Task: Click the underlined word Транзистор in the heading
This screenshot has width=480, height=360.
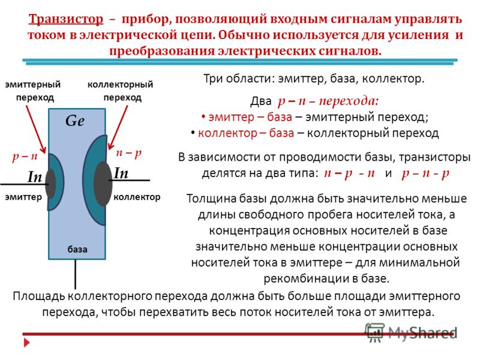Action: (66, 19)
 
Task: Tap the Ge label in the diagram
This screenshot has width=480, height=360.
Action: (75, 121)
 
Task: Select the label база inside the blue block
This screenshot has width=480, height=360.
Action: (77, 249)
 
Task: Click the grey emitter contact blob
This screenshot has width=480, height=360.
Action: (50, 184)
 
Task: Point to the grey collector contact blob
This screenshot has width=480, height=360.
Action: (103, 184)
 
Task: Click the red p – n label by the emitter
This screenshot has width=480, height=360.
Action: (25, 157)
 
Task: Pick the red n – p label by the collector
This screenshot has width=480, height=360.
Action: (129, 153)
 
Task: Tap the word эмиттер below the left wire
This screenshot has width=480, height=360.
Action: (23, 197)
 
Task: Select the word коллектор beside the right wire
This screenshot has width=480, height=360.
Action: (137, 197)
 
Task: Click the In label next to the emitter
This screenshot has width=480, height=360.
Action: (35, 176)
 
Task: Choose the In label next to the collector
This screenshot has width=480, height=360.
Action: (121, 173)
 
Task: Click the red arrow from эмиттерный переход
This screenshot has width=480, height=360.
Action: (36, 129)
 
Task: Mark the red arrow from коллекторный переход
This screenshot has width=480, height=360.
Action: (118, 128)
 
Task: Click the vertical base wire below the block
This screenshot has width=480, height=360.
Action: (76, 274)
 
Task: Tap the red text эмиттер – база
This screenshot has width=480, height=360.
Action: (250, 117)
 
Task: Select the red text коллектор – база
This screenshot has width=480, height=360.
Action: (246, 133)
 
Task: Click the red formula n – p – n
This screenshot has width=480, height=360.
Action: (349, 173)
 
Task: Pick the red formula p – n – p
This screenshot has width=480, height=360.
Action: (425, 173)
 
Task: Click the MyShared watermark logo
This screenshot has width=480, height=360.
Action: (411, 332)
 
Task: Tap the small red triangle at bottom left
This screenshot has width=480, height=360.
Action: (27, 343)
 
